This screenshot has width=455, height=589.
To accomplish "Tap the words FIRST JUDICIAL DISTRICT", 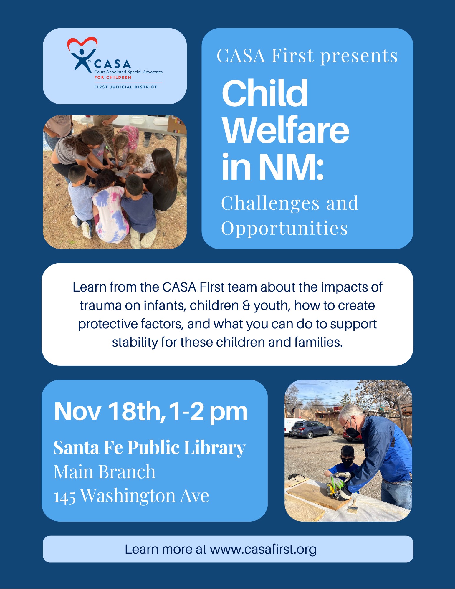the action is click(x=126, y=87).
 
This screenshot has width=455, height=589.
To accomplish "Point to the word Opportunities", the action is click(x=284, y=228).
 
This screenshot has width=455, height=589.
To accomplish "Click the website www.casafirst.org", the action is click(x=263, y=550).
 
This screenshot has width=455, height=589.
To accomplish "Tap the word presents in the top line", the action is click(x=359, y=56).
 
